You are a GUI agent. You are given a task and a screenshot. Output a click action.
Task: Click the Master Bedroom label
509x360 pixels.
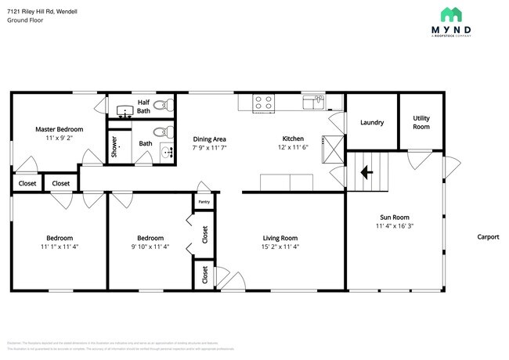pyautogui.click(x=59, y=128)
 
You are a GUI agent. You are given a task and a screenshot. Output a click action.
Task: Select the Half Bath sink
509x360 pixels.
pyautogui.click(x=123, y=110)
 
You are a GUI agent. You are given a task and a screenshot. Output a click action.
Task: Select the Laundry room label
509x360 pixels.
pyautogui.click(x=371, y=123)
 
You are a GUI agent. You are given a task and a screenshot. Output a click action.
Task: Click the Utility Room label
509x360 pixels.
pyautogui.click(x=421, y=122)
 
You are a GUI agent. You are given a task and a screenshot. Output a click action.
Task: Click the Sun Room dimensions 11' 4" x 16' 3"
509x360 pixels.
pyautogui.click(x=395, y=227)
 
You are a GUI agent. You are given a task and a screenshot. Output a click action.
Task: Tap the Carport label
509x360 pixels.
pyautogui.click(x=489, y=237)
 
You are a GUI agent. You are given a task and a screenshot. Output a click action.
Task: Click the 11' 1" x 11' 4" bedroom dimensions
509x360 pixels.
pyautogui.click(x=59, y=247)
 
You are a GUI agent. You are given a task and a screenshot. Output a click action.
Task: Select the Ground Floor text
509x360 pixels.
pyautogui.click(x=26, y=20)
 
